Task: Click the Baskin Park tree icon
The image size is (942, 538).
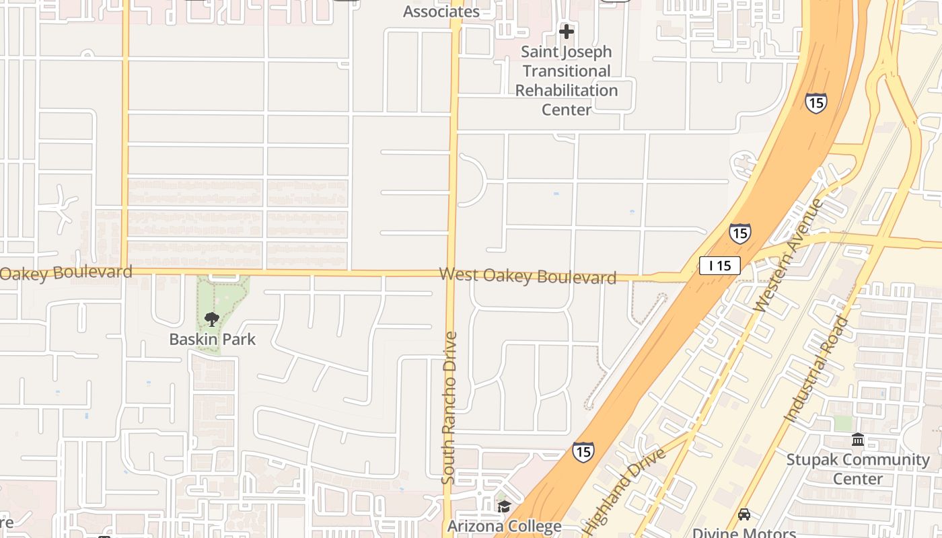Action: click(212, 319)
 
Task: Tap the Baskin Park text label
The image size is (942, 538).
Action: click(212, 339)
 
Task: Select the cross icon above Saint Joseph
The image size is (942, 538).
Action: click(567, 31)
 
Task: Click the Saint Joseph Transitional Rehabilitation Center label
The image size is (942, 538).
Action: click(567, 81)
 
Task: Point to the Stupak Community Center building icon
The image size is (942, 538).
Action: click(858, 440)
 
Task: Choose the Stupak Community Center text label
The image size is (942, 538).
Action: click(858, 469)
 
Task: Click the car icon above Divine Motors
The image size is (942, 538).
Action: click(744, 514)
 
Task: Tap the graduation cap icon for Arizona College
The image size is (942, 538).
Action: click(504, 506)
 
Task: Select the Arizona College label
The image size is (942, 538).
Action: click(504, 527)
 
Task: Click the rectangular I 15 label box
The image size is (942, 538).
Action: click(719, 266)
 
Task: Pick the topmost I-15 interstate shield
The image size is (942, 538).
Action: click(816, 103)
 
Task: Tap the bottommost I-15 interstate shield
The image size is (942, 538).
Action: click(583, 451)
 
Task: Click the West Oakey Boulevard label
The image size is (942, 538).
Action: click(528, 276)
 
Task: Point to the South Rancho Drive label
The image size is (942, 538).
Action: click(449, 408)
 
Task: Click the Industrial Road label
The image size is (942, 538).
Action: click(816, 369)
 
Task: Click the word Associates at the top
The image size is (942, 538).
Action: click(441, 11)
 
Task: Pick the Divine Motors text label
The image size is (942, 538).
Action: click(744, 533)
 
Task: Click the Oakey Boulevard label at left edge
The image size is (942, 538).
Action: click(66, 272)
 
